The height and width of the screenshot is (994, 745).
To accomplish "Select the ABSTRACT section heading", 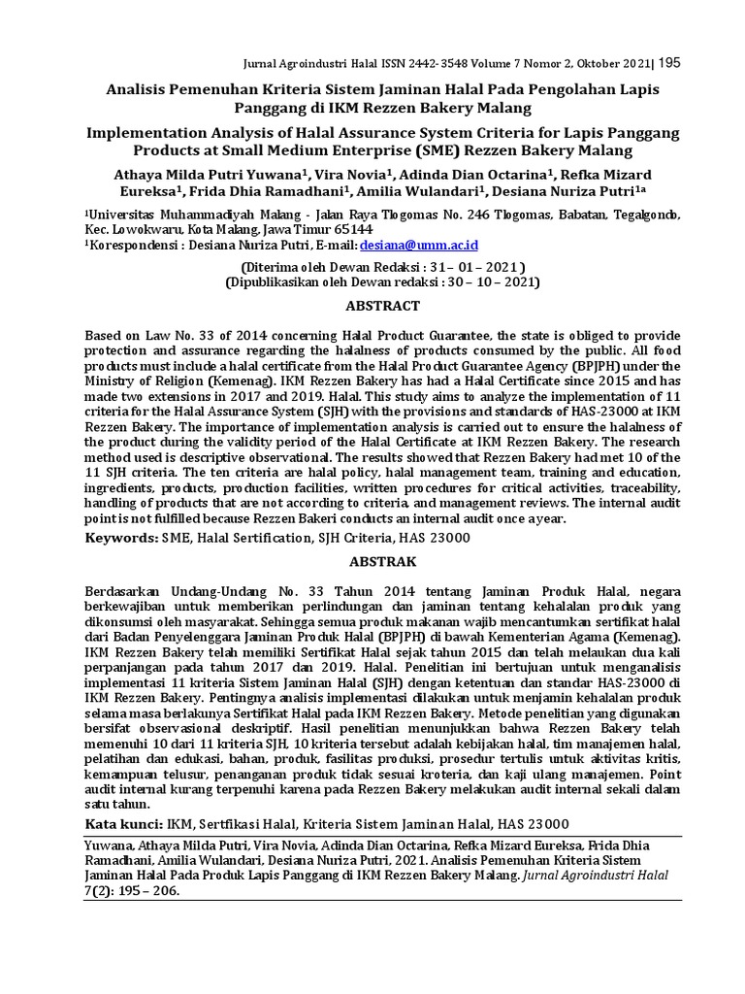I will click(x=383, y=306).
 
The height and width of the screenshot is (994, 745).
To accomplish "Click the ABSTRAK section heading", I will click(x=383, y=561).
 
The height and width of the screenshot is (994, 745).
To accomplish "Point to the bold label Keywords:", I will click(x=121, y=538).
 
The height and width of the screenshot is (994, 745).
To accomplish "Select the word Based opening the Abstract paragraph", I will click(x=104, y=334).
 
